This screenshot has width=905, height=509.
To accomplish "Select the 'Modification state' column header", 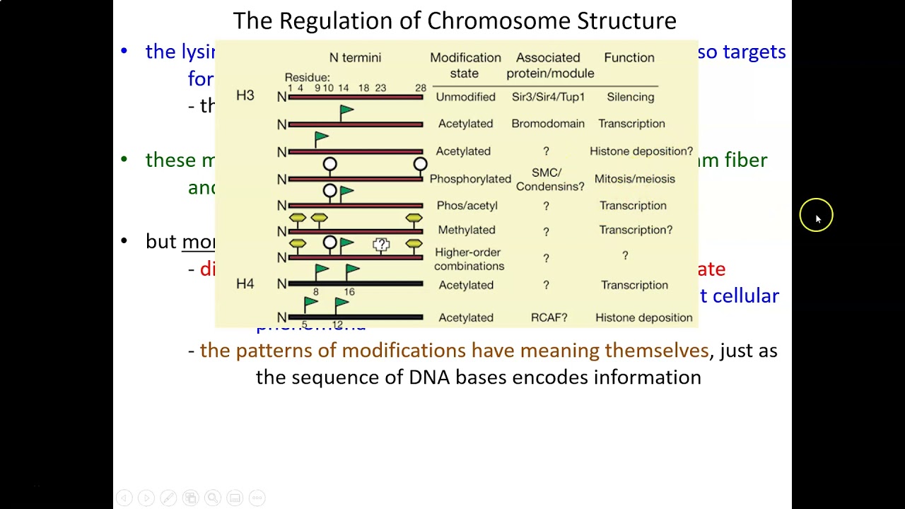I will (x=465, y=65).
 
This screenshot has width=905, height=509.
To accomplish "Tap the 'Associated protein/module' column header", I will (x=549, y=65).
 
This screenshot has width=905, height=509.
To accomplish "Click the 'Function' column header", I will (x=629, y=58).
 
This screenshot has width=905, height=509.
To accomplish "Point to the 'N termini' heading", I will (x=355, y=58).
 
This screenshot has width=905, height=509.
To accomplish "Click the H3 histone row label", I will (x=245, y=95).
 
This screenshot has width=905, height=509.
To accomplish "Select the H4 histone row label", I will (x=245, y=283).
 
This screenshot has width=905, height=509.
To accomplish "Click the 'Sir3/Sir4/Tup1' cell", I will (x=548, y=97).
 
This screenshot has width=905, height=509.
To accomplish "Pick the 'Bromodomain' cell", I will (x=548, y=124).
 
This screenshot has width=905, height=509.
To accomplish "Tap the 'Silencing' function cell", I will (x=630, y=97).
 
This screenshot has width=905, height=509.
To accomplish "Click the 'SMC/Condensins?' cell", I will (x=549, y=180).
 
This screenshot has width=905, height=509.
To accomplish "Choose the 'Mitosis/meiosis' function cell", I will (x=634, y=179).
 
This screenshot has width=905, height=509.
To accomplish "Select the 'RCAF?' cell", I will (x=549, y=317).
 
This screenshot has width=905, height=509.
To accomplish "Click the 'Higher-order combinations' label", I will (x=469, y=259).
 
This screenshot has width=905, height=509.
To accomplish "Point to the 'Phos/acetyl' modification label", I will (x=467, y=206).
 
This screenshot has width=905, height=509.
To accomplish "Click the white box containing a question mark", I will (x=381, y=245).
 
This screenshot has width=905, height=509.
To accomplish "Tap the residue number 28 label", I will (x=421, y=88).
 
